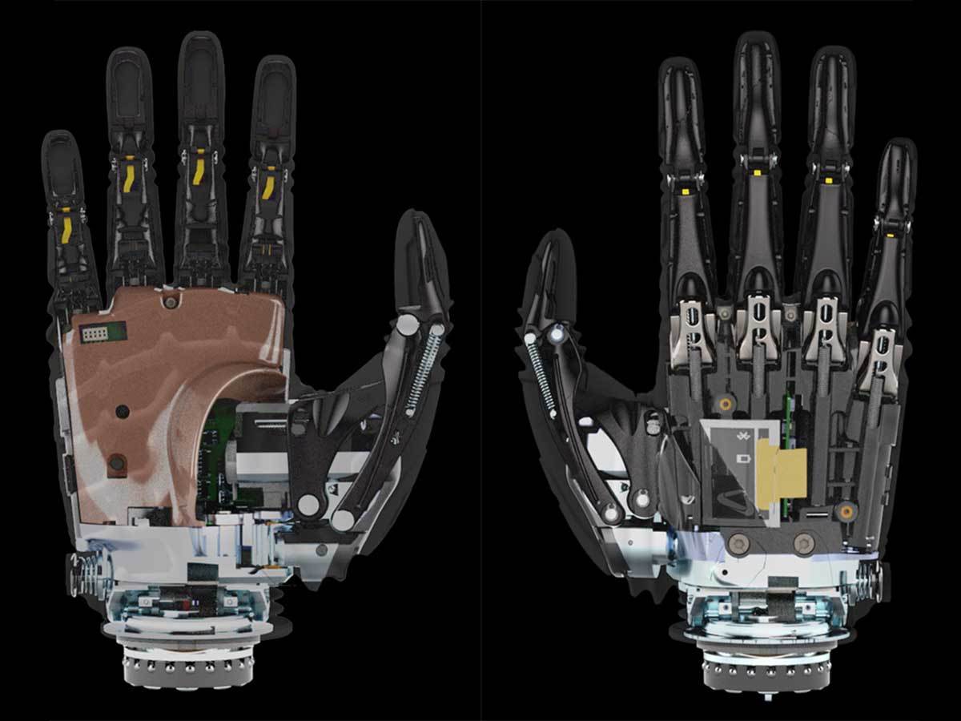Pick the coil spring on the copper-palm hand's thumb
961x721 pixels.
coord(422,373)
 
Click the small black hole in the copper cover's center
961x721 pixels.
coord(122,411)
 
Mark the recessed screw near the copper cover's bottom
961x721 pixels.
coord(117,462)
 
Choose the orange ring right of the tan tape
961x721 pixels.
coord(846,510)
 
